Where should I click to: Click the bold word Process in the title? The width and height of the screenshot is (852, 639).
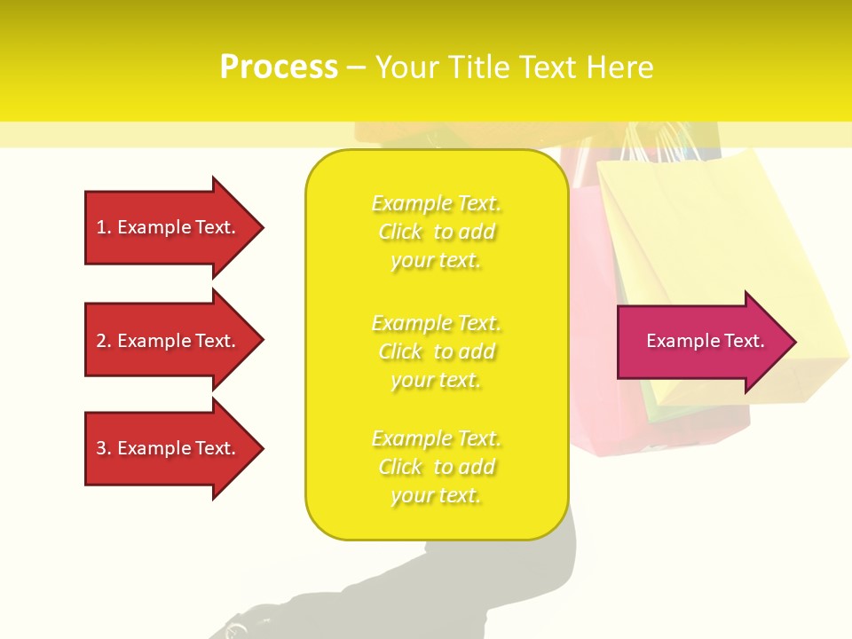(x=279, y=67)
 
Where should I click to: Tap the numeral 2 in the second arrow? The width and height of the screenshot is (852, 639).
(x=101, y=341)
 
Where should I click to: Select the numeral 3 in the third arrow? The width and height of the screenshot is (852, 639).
(x=101, y=448)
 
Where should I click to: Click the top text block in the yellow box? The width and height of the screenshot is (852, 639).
(x=436, y=232)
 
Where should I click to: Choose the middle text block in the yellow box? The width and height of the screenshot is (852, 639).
(x=436, y=351)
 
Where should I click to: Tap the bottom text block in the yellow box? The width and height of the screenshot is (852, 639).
(x=436, y=467)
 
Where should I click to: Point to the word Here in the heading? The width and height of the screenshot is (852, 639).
(x=620, y=67)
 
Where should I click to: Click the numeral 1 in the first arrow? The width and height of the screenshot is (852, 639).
(x=101, y=227)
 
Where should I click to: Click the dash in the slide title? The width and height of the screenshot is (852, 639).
(x=356, y=67)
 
